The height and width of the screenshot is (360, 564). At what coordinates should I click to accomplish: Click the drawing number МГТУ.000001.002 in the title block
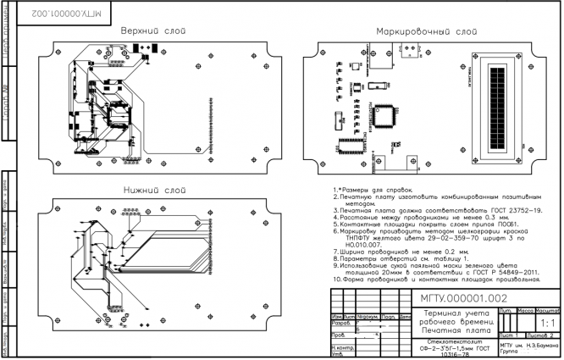coord(464,298)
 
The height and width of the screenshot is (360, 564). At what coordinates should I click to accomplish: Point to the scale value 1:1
coord(547,324)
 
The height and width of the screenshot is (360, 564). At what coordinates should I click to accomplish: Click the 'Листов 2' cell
coord(546,335)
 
